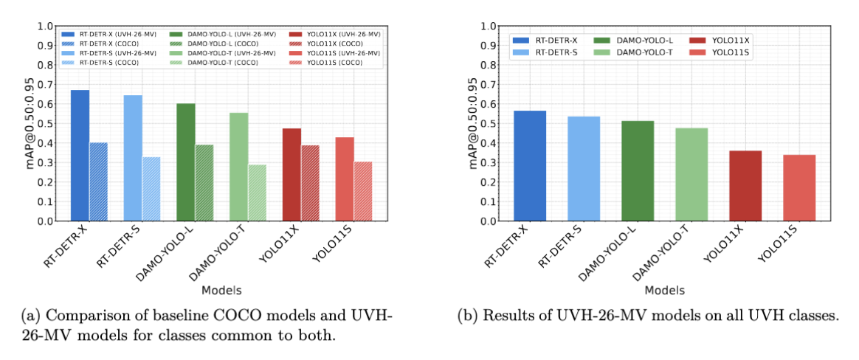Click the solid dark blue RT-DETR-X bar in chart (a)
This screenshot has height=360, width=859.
(x=80, y=156)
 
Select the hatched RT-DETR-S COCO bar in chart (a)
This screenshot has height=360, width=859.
(x=151, y=189)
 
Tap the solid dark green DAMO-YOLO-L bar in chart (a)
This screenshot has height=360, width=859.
(x=186, y=162)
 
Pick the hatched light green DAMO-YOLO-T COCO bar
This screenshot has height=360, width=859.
(x=258, y=193)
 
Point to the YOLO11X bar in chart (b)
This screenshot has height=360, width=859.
(x=745, y=186)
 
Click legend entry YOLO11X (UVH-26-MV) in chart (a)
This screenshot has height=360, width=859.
(x=336, y=34)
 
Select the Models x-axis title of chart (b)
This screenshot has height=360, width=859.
(x=664, y=290)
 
